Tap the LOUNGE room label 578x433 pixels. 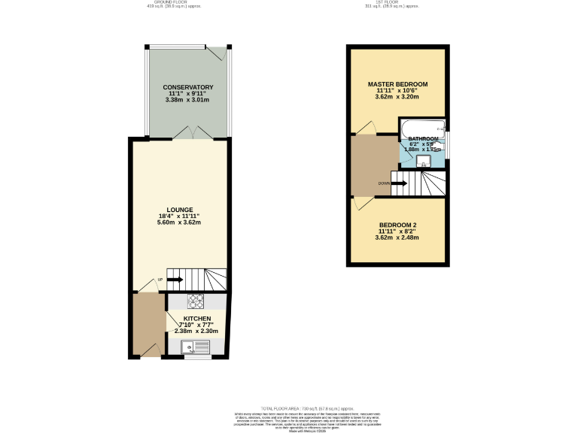click(181, 210)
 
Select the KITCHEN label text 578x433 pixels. click(196, 318)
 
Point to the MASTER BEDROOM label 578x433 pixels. click(397, 83)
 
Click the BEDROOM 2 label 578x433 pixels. click(397, 226)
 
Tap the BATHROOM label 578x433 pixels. click(423, 139)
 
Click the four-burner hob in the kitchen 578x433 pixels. click(195, 301)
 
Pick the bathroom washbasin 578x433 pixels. click(422, 159)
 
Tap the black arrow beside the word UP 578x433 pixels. click(174, 280)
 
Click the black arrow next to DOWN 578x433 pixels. click(400, 183)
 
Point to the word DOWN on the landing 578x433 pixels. click(384, 183)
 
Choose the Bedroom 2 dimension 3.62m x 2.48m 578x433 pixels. click(397, 238)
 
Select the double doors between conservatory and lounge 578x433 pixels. click(193, 134)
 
